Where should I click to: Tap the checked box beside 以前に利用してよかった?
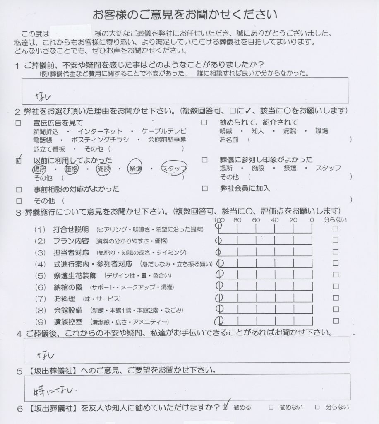click(18, 160)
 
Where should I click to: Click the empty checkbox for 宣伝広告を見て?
click(18, 123)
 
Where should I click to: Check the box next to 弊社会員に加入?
click(204, 189)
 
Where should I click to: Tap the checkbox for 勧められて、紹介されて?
click(204, 123)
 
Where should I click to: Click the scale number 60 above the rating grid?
click(256, 220)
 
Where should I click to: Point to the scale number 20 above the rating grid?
click(293, 220)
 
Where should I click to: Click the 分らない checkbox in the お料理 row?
click(336, 298)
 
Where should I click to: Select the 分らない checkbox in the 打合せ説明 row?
click(336, 229)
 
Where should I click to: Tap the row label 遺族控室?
click(68, 321)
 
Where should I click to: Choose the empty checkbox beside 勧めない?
click(271, 407)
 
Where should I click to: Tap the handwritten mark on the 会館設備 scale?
click(219, 309)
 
